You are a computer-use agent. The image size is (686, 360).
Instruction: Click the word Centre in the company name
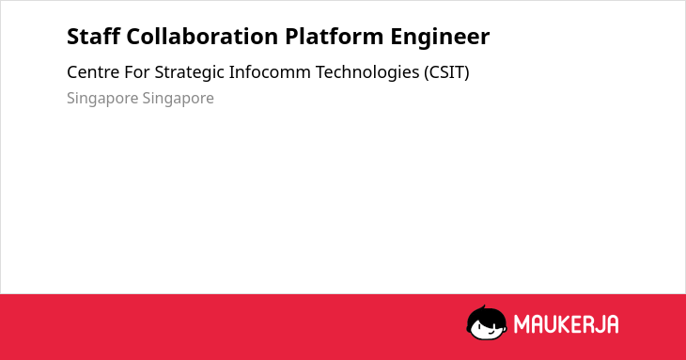[x=93, y=72]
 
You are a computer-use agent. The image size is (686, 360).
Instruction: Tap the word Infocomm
[x=270, y=72]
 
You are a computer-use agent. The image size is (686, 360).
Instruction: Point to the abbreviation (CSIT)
[x=446, y=72]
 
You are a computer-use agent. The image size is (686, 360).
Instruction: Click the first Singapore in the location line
[x=102, y=99]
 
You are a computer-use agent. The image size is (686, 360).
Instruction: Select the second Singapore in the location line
[x=178, y=99]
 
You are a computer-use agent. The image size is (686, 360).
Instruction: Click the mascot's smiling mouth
[x=491, y=332]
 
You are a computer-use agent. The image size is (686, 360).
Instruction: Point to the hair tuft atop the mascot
[x=483, y=307]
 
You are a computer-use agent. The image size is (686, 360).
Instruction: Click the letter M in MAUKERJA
[x=521, y=324]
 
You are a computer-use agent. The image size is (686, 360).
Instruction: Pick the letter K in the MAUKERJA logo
[x=565, y=324]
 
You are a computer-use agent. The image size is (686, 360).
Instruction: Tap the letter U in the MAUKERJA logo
[x=550, y=324]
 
